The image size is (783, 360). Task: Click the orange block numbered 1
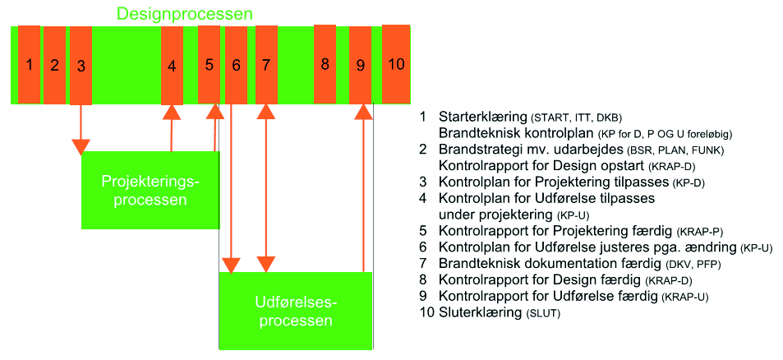(29, 64)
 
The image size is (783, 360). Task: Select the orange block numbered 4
(172, 66)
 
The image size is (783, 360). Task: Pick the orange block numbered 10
(396, 64)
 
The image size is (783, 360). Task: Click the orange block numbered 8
(325, 64)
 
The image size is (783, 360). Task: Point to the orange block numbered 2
(54, 64)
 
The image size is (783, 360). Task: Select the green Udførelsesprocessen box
(295, 311)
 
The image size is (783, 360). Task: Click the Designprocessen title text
(184, 14)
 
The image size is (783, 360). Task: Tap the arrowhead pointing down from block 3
(81, 146)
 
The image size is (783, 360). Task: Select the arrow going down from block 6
(233, 189)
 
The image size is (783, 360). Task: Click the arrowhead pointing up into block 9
(362, 113)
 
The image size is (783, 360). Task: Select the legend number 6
(423, 247)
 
